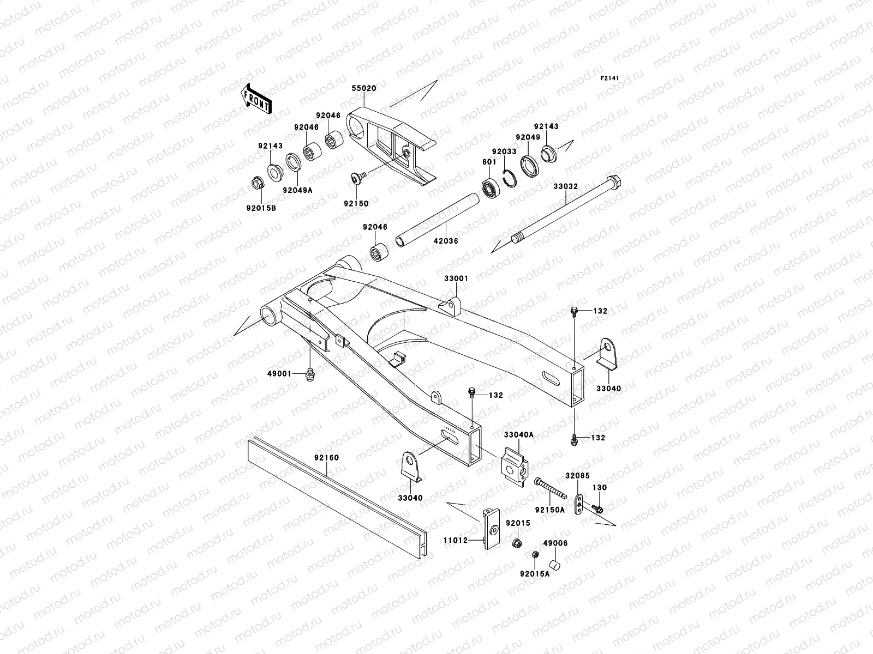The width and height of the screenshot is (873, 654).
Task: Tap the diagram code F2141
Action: pyautogui.click(x=610, y=78)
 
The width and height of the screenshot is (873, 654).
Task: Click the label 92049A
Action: pyautogui.click(x=297, y=190)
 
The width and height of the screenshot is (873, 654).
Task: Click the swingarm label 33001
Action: pyautogui.click(x=456, y=278)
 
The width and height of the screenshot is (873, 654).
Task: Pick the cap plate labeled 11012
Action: pyautogui.click(x=492, y=528)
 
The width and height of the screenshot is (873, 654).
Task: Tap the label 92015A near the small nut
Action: pyautogui.click(x=534, y=574)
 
